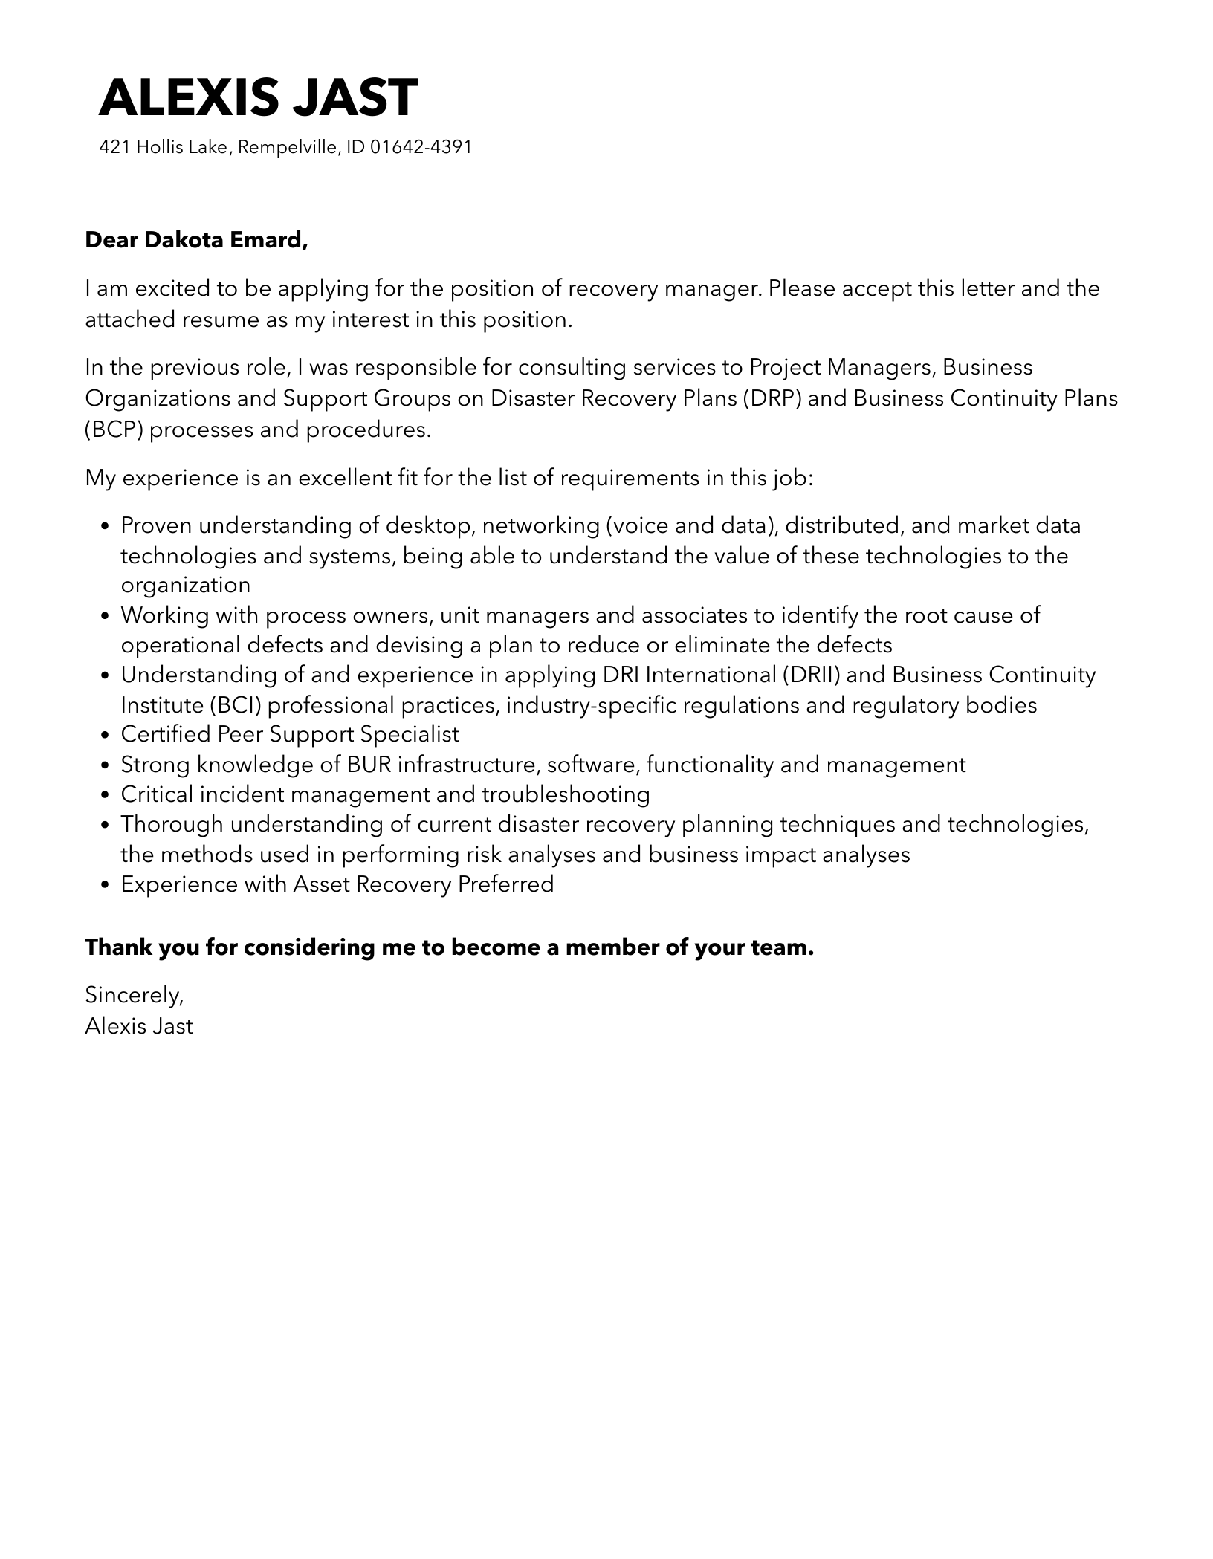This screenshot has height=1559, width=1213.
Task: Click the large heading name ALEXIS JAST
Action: coord(258,97)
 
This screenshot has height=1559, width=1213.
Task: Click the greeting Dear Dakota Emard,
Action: coord(196,240)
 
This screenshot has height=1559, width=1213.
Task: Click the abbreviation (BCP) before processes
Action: coord(114,430)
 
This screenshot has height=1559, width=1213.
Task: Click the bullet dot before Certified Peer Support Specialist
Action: coord(105,736)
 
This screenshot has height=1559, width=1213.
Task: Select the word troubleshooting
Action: coord(566,794)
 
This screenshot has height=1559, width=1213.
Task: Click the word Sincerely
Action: coord(134,994)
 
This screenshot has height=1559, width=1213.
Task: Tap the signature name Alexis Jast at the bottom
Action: coord(139,1026)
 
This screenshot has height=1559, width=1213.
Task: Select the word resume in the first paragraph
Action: coord(226,320)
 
